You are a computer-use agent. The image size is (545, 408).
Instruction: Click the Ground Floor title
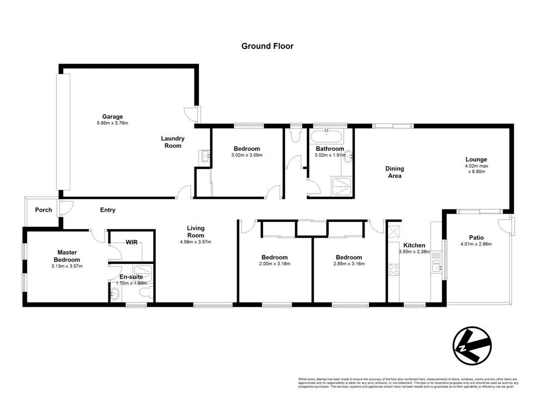point(267,46)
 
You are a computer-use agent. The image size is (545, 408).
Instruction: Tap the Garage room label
point(112,116)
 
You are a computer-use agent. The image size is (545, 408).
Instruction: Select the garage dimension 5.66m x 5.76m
point(112,123)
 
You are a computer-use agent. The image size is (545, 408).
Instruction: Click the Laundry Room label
point(173,142)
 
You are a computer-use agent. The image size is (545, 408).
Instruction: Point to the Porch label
point(44,210)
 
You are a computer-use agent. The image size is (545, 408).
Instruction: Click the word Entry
point(107,210)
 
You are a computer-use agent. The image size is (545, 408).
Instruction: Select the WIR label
point(131,242)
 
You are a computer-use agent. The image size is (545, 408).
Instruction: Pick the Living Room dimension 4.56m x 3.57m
point(196,242)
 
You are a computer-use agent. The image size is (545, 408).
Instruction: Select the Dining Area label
point(394,172)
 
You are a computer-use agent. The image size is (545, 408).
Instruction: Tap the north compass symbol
point(472,345)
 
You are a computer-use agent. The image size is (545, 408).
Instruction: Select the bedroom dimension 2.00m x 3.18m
point(274,264)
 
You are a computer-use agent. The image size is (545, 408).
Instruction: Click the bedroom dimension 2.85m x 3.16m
point(349,264)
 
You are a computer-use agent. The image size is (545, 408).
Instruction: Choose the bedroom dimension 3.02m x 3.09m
point(247,155)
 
